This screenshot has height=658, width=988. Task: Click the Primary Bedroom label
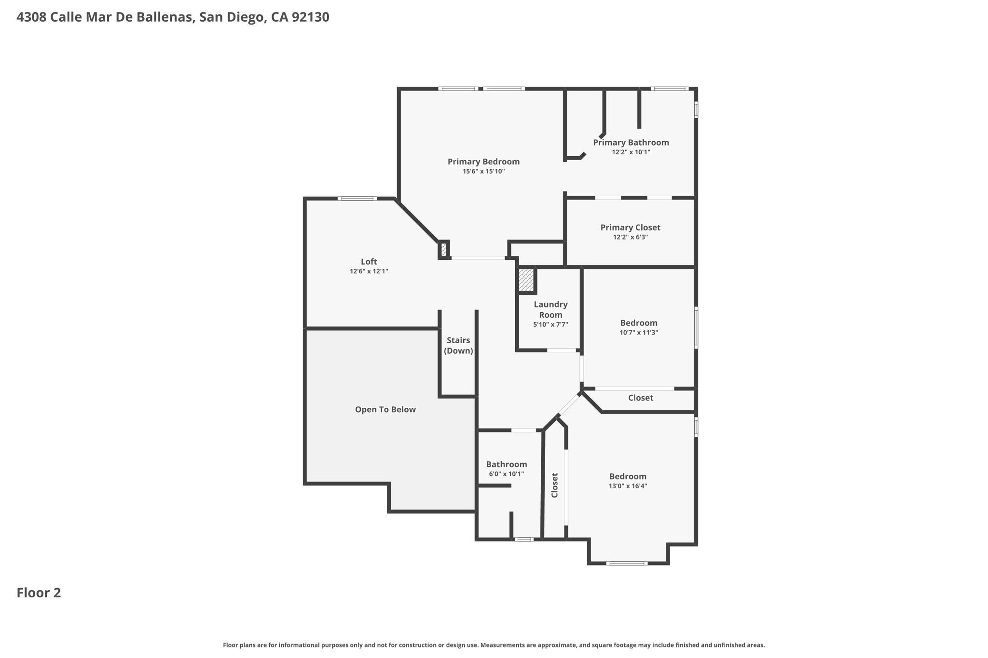pyautogui.click(x=483, y=161)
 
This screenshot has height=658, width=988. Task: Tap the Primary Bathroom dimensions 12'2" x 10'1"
pyautogui.click(x=631, y=152)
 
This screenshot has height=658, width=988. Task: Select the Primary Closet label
pyautogui.click(x=630, y=227)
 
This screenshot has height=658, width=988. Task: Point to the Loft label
pyautogui.click(x=369, y=261)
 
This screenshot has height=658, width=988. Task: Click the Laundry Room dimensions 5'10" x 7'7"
pyautogui.click(x=550, y=324)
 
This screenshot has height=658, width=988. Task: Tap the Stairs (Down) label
pyautogui.click(x=458, y=345)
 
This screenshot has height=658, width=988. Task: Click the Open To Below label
pyautogui.click(x=385, y=409)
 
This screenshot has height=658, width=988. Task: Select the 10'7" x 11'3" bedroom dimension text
pyautogui.click(x=639, y=332)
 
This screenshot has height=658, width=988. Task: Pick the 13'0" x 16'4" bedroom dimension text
pyautogui.click(x=628, y=486)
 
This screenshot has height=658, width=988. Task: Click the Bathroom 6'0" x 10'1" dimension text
pyautogui.click(x=506, y=474)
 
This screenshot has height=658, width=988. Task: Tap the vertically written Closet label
pyautogui.click(x=555, y=485)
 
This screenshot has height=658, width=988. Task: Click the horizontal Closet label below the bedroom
pyautogui.click(x=641, y=398)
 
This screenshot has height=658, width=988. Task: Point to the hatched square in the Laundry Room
pyautogui.click(x=526, y=280)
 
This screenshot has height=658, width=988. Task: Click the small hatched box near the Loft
pyautogui.click(x=444, y=250)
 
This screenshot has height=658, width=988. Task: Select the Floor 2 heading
pyautogui.click(x=39, y=592)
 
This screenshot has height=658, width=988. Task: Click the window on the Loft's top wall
pyautogui.click(x=357, y=199)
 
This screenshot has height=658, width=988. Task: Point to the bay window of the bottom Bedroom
pyautogui.click(x=626, y=563)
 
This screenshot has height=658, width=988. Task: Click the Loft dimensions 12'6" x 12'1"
pyautogui.click(x=369, y=271)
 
